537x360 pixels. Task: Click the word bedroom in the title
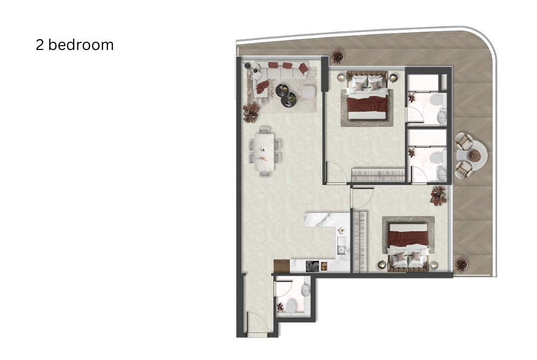tap(81, 45)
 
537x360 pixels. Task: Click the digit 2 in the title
tap(40, 45)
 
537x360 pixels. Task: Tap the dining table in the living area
tap(265, 152)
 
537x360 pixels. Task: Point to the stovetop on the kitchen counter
tap(313, 266)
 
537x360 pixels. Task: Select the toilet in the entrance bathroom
tap(292, 306)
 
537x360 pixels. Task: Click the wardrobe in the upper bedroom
tap(379, 175)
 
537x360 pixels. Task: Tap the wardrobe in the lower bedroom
tap(360, 242)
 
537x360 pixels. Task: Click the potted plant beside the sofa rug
tap(251, 112)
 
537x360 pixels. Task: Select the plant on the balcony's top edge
tap(338, 57)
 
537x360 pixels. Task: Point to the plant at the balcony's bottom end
tap(461, 265)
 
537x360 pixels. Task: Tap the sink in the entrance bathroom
tap(305, 291)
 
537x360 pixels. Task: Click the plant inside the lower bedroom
tap(439, 196)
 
